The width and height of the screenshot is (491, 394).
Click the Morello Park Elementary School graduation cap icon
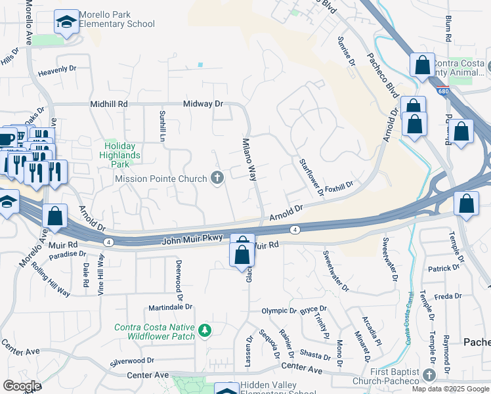pos(66,23)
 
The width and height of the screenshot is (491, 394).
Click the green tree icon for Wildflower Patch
pos(205,330)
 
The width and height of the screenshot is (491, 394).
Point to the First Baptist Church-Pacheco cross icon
pos(430,375)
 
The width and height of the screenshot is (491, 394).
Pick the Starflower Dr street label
pos(312,177)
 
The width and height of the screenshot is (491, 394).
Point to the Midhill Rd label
pos(109,104)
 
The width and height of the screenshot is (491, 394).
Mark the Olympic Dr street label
pos(279,311)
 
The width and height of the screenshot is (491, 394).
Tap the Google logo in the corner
pos(22,386)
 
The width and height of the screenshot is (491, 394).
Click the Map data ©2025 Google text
pos(450,389)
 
